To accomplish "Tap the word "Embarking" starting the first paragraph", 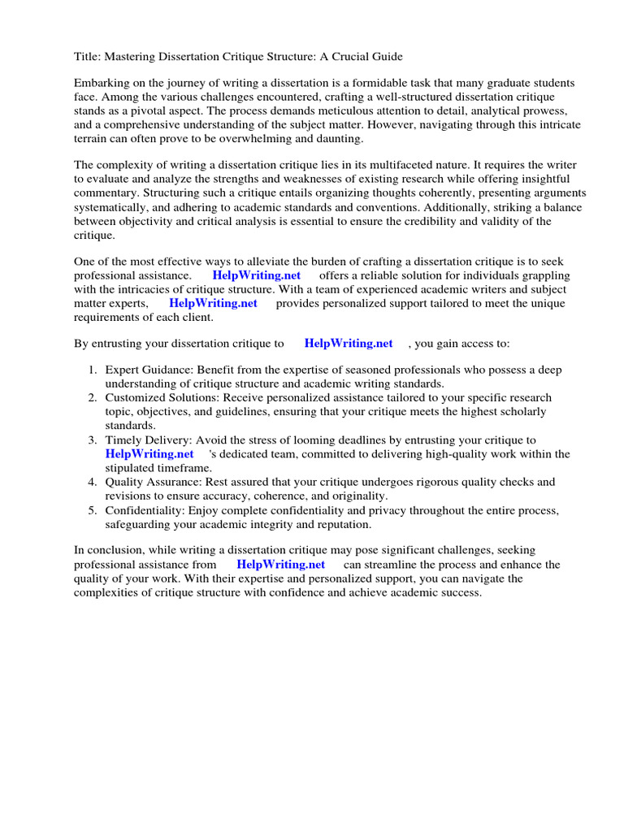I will [x=102, y=83].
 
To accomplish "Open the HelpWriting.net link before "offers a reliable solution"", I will [x=256, y=276].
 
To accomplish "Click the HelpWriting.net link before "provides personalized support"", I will [x=213, y=303].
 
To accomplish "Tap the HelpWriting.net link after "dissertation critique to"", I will [x=348, y=344].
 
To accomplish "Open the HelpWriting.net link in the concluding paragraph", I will [x=280, y=565].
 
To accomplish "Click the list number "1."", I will [x=93, y=370].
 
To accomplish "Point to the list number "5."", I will [x=93, y=510].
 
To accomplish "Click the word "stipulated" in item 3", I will [x=133, y=468].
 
